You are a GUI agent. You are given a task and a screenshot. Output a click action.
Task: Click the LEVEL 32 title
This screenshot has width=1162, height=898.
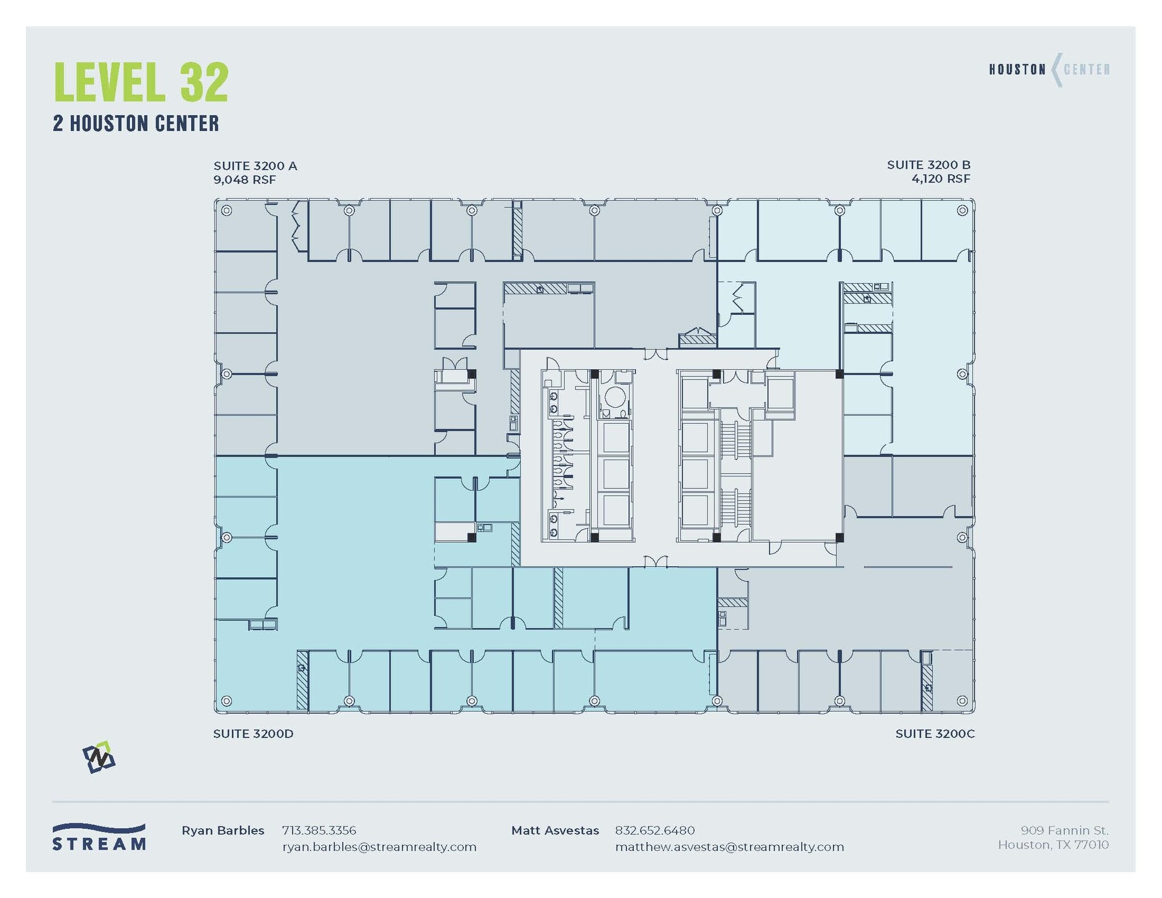pyautogui.click(x=141, y=83)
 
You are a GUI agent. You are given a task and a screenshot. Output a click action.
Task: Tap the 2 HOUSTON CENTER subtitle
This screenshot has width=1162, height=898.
pyautogui.click(x=136, y=124)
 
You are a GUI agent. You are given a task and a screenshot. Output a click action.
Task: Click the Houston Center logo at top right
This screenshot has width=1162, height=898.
pyautogui.click(x=1049, y=70)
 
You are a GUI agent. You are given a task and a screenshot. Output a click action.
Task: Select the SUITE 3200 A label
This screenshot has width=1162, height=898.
pyautogui.click(x=255, y=166)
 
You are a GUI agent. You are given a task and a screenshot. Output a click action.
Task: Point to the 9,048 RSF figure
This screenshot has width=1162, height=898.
pyautogui.click(x=245, y=180)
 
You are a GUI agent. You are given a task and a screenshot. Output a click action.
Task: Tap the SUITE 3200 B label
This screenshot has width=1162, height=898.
pyautogui.click(x=928, y=165)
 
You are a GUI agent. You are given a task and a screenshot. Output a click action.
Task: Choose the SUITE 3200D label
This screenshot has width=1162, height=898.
pyautogui.click(x=253, y=733)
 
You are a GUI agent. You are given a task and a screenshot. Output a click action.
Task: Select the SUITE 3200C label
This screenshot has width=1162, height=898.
pyautogui.click(x=934, y=733)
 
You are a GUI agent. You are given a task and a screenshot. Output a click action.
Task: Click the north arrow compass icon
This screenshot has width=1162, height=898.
pyautogui.click(x=99, y=757)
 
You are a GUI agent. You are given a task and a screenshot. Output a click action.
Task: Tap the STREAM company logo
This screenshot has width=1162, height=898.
pyautogui.click(x=99, y=837)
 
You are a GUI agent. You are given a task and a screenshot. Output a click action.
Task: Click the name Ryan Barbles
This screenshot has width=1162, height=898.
pyautogui.click(x=222, y=830)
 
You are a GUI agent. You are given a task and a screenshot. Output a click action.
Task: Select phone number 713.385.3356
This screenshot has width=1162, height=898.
pyautogui.click(x=319, y=830)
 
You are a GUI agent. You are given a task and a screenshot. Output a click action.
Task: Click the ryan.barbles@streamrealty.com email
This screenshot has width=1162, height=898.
pyautogui.click(x=379, y=847)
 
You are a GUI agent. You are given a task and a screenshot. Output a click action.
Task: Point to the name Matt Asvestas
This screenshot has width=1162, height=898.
pyautogui.click(x=554, y=830)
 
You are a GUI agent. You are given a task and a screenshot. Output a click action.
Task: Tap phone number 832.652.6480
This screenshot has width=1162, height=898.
pyautogui.click(x=654, y=830)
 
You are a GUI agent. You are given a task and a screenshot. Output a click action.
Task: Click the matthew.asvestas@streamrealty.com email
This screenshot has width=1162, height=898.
pyautogui.click(x=729, y=847)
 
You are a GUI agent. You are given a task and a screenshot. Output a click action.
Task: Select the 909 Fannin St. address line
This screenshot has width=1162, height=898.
pyautogui.click(x=1064, y=830)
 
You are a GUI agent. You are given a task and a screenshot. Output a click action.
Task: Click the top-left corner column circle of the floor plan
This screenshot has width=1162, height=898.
pyautogui.click(x=226, y=210)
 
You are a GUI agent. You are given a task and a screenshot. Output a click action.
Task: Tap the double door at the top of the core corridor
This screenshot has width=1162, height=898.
pyautogui.click(x=656, y=355)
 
